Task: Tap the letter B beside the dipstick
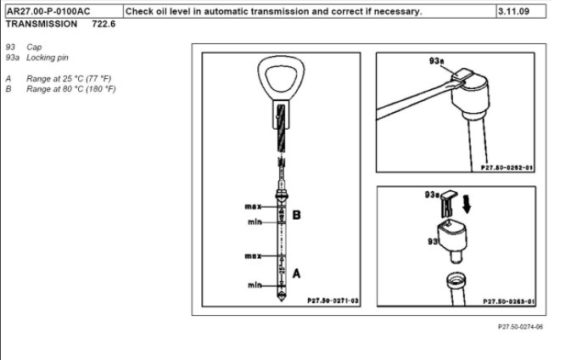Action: pos(296,216)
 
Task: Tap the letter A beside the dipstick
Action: pos(296,273)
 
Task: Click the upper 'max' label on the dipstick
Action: pos(251,207)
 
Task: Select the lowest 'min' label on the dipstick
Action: pos(254,285)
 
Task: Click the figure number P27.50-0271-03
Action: pos(333,301)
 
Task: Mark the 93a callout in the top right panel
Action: pos(437,63)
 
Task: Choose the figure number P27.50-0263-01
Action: pos(507,301)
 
